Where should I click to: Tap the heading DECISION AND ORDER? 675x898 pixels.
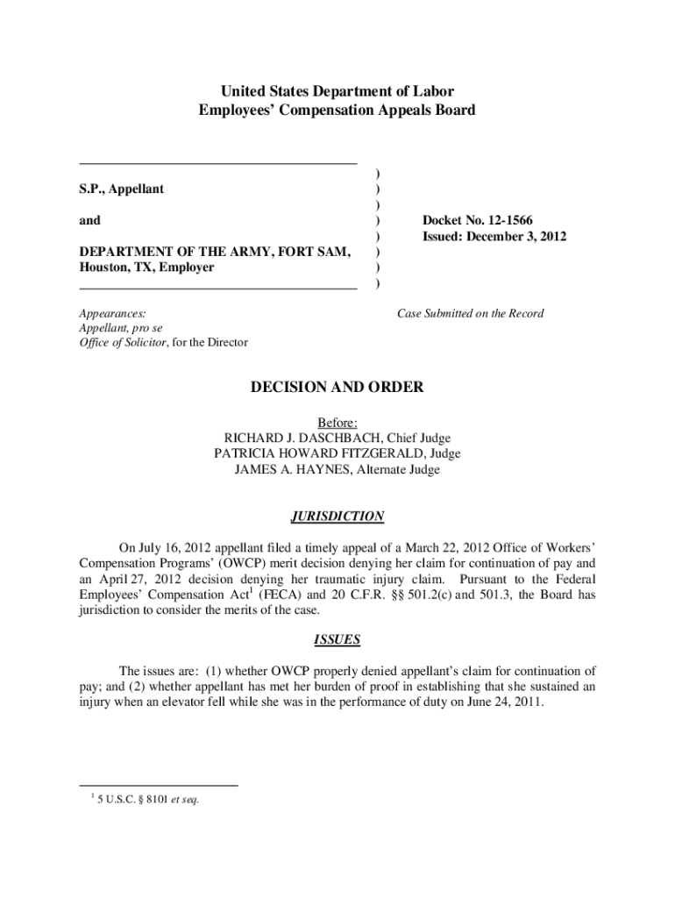[x=337, y=387]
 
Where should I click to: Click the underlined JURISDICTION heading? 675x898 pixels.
[x=337, y=517]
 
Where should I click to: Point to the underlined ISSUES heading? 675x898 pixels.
[x=337, y=639]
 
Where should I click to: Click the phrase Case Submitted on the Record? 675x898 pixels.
[x=470, y=313]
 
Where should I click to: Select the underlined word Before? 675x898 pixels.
[x=337, y=422]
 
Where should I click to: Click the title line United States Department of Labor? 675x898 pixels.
[x=337, y=91]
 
